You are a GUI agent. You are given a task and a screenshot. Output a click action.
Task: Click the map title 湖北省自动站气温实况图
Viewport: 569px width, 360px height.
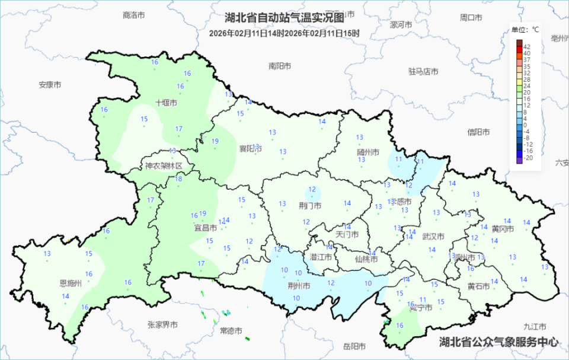tap(284, 18)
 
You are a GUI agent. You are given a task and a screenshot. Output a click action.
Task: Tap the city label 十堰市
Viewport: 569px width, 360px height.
tap(167, 103)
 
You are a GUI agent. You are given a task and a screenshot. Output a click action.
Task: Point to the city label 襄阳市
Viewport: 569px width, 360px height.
tap(250, 148)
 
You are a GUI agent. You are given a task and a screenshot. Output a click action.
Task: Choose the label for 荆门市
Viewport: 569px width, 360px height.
tap(310, 206)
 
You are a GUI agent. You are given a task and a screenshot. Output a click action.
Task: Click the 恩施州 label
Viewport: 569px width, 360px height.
tap(71, 283)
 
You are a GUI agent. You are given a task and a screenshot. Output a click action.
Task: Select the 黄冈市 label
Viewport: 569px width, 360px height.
tap(502, 229)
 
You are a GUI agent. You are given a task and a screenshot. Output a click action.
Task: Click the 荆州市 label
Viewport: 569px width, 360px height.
tap(299, 285)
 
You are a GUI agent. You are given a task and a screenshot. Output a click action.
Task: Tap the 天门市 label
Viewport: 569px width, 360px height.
tap(347, 235)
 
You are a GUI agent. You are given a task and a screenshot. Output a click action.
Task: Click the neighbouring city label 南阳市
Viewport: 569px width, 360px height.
tap(280, 66)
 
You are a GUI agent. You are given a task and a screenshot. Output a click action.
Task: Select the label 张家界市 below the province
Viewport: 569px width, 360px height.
tap(162, 324)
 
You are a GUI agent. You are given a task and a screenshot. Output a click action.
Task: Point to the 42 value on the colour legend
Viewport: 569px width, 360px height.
tap(527, 46)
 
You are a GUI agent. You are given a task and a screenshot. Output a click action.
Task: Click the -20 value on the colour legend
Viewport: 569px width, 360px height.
tap(528, 158)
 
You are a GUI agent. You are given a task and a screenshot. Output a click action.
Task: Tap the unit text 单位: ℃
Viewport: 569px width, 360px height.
tap(525, 29)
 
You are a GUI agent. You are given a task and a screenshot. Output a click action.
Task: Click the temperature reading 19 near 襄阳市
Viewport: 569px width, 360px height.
tap(215, 141)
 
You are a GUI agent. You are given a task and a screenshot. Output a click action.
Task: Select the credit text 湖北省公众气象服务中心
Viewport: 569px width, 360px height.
tap(498, 342)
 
